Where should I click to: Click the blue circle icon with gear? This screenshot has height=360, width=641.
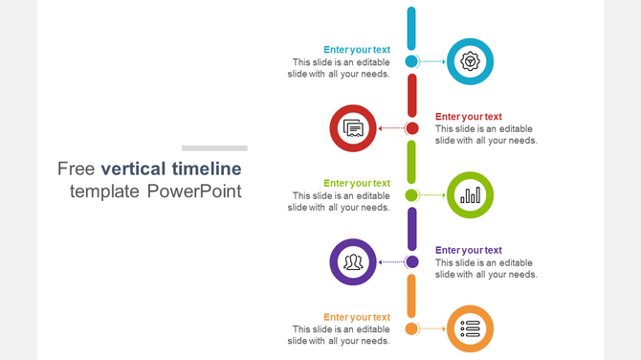pyautogui.click(x=470, y=61)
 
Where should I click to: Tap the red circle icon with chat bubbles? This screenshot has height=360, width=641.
pyautogui.click(x=353, y=128)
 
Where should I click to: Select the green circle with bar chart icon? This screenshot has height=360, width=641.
pyautogui.click(x=470, y=195)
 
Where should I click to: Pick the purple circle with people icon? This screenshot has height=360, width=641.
pyautogui.click(x=353, y=261)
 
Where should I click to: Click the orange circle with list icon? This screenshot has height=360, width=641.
pyautogui.click(x=470, y=328)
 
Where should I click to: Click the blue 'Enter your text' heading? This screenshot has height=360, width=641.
pyautogui.click(x=357, y=50)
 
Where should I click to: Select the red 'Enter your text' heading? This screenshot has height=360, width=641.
pyautogui.click(x=469, y=117)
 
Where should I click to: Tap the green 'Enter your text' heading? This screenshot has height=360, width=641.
pyautogui.click(x=357, y=183)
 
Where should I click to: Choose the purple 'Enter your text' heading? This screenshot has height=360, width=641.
pyautogui.click(x=469, y=250)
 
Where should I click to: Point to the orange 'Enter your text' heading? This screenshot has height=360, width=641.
pyautogui.click(x=357, y=317)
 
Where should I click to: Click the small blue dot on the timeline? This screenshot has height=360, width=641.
pyautogui.click(x=411, y=61)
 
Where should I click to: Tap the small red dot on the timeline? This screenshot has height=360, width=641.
pyautogui.click(x=411, y=128)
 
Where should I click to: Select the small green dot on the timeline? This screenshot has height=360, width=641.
pyautogui.click(x=411, y=195)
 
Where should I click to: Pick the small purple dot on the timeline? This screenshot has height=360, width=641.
pyautogui.click(x=411, y=261)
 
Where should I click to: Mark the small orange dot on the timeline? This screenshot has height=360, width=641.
pyautogui.click(x=411, y=328)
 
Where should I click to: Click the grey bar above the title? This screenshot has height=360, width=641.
pyautogui.click(x=214, y=148)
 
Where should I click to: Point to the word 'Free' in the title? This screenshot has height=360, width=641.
pyautogui.click(x=77, y=169)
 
